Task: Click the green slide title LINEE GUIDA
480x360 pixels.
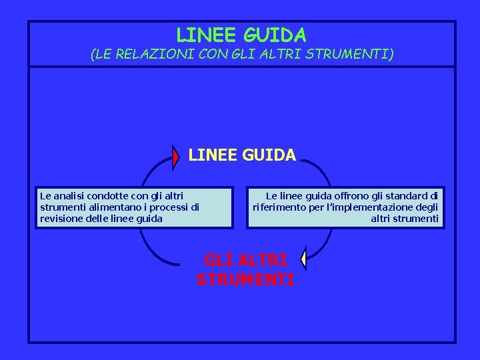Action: tap(241, 35)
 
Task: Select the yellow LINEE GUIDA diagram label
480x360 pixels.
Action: tap(242, 155)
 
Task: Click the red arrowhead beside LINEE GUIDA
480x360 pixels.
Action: tap(176, 157)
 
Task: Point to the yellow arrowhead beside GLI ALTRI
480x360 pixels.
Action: tap(303, 259)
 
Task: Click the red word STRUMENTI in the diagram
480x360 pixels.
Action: tap(245, 280)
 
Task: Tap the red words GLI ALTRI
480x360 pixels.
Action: tap(245, 260)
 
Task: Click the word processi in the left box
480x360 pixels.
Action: tap(166, 207)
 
